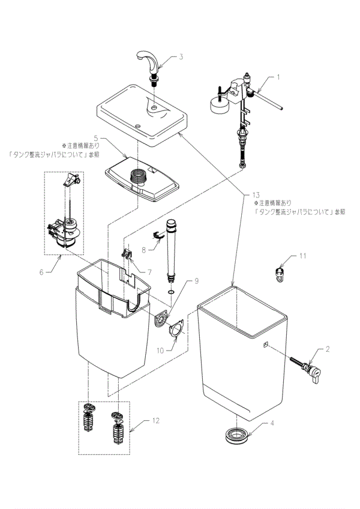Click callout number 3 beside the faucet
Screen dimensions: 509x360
tap(181, 58)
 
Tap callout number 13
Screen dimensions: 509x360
tap(256, 196)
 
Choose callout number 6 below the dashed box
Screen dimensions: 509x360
tap(41, 272)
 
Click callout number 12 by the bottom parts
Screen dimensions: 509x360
tap(155, 421)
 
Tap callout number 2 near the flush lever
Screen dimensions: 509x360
tap(328, 348)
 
